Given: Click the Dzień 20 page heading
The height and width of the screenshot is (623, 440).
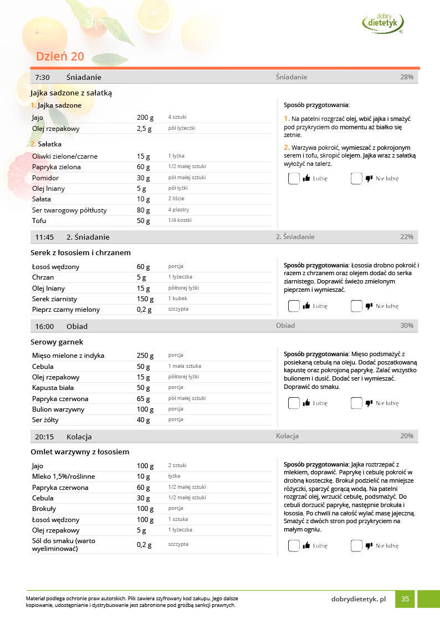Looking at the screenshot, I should point(60,57).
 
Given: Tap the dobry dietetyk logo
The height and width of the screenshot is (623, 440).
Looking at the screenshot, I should point(383,23).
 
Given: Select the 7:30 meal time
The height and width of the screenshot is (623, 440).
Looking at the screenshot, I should point(43,77).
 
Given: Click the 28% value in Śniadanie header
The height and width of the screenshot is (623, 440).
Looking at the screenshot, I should point(407,77).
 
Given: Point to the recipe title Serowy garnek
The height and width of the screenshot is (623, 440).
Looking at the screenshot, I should point(57,342).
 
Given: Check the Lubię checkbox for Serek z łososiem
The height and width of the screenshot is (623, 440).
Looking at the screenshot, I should point(294,306).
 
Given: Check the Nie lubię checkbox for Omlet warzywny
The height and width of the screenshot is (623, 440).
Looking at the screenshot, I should point(356,545).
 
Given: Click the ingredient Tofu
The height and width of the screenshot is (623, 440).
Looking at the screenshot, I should point(39,221).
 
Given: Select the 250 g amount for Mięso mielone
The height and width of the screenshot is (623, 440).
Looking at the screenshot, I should point(145,356).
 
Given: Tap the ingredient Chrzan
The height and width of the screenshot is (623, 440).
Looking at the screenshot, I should point(43,277).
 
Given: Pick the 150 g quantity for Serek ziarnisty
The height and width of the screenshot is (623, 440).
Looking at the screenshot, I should point(145,299).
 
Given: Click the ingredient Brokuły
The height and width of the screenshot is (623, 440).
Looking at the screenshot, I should point(44,509).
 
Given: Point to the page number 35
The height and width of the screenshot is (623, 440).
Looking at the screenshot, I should point(405,599).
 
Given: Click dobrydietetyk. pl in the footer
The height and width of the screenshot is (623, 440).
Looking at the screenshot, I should point(358,599).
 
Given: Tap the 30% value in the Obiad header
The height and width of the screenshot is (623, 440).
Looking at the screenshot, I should point(407,326).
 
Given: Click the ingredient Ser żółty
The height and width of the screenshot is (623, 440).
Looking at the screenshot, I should point(45,420).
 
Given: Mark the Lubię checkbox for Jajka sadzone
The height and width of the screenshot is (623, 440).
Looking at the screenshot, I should point(294,178).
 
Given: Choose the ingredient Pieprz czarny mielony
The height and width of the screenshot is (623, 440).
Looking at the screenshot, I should point(66,310).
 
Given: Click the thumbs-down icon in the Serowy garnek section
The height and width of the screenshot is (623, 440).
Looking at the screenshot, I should point(369,403).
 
